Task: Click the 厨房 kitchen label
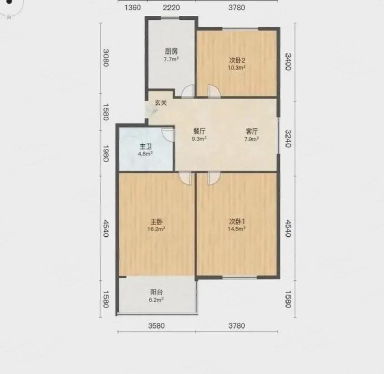point(171,51)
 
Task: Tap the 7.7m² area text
point(171,59)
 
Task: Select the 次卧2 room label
point(237,60)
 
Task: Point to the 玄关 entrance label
point(161,103)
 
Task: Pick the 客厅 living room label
point(252,131)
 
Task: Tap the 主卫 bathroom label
point(145,147)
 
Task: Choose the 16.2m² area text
point(156,229)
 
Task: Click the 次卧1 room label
point(237,222)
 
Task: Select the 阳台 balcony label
point(156,292)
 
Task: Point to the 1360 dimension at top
point(132,7)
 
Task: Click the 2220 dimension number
point(171,7)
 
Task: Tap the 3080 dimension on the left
point(105,58)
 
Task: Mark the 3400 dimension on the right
point(289,61)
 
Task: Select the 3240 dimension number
point(289,139)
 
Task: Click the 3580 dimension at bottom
point(156,326)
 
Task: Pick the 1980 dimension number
point(105,154)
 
